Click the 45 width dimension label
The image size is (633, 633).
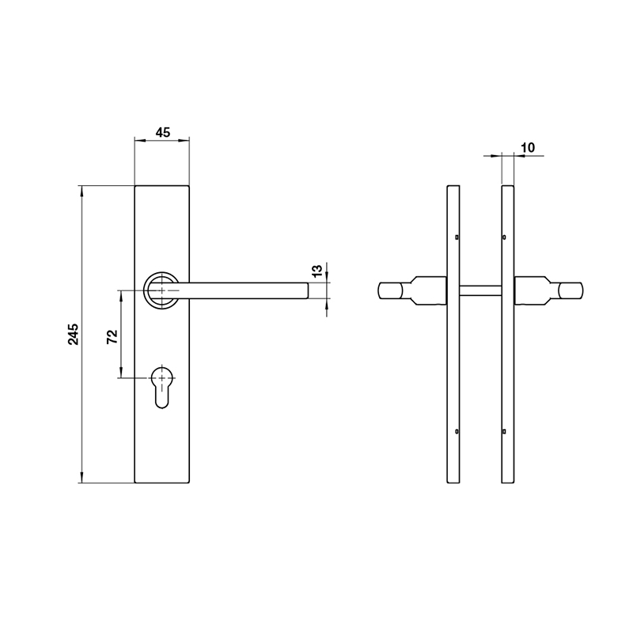click(x=162, y=133)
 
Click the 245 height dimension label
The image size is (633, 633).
click(x=72, y=334)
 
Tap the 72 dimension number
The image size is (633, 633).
click(x=112, y=335)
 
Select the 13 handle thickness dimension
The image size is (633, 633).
click(x=316, y=271)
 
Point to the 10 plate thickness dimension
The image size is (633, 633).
click(x=529, y=148)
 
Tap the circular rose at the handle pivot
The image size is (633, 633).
click(x=162, y=290)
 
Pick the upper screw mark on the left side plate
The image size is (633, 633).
click(x=457, y=237)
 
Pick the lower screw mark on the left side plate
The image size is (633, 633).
click(x=457, y=431)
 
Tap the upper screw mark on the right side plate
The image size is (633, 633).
click(x=505, y=237)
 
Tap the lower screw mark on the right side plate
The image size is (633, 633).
click(x=505, y=431)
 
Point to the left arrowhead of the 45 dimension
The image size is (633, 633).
click(x=138, y=141)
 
